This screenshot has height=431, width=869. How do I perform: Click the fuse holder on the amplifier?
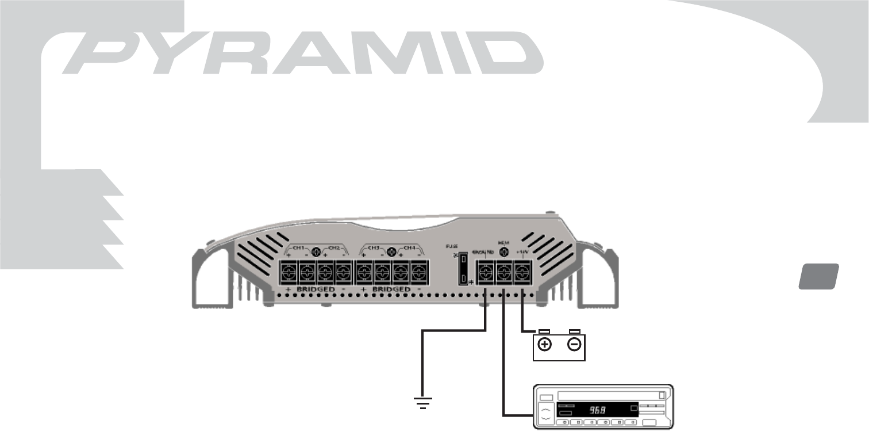point(463,270)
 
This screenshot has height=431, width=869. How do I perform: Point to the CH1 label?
point(299,249)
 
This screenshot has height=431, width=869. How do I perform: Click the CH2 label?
point(334,249)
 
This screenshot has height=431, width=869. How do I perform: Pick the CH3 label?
point(375,249)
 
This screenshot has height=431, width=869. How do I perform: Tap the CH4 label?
point(410,249)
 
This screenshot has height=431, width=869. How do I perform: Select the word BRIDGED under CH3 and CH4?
point(392,288)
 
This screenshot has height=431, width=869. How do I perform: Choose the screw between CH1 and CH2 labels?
point(316,251)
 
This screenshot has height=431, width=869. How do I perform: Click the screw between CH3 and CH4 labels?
point(392,251)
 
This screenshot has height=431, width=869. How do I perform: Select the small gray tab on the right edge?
point(818,276)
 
